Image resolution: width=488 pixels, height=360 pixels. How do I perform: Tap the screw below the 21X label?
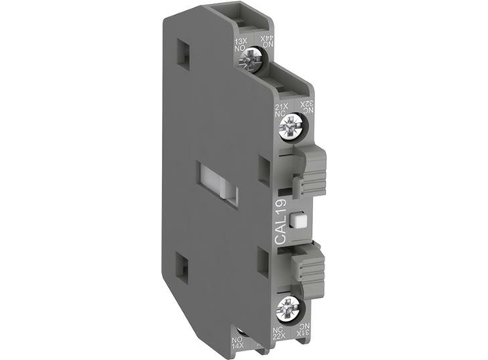tap(294, 124)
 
